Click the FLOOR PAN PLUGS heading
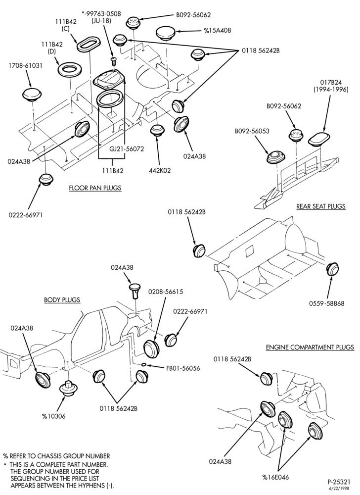[95, 188]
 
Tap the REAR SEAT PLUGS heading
[321, 206]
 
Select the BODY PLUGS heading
[62, 299]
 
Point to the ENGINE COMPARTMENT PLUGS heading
[310, 347]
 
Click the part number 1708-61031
[26, 66]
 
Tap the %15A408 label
[218, 31]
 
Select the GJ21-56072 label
[127, 148]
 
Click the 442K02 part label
[160, 170]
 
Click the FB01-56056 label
[183, 368]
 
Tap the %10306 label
[54, 416]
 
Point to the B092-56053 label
[252, 131]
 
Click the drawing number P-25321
[339, 482]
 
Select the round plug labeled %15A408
[167, 32]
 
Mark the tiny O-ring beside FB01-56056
[144, 365]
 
